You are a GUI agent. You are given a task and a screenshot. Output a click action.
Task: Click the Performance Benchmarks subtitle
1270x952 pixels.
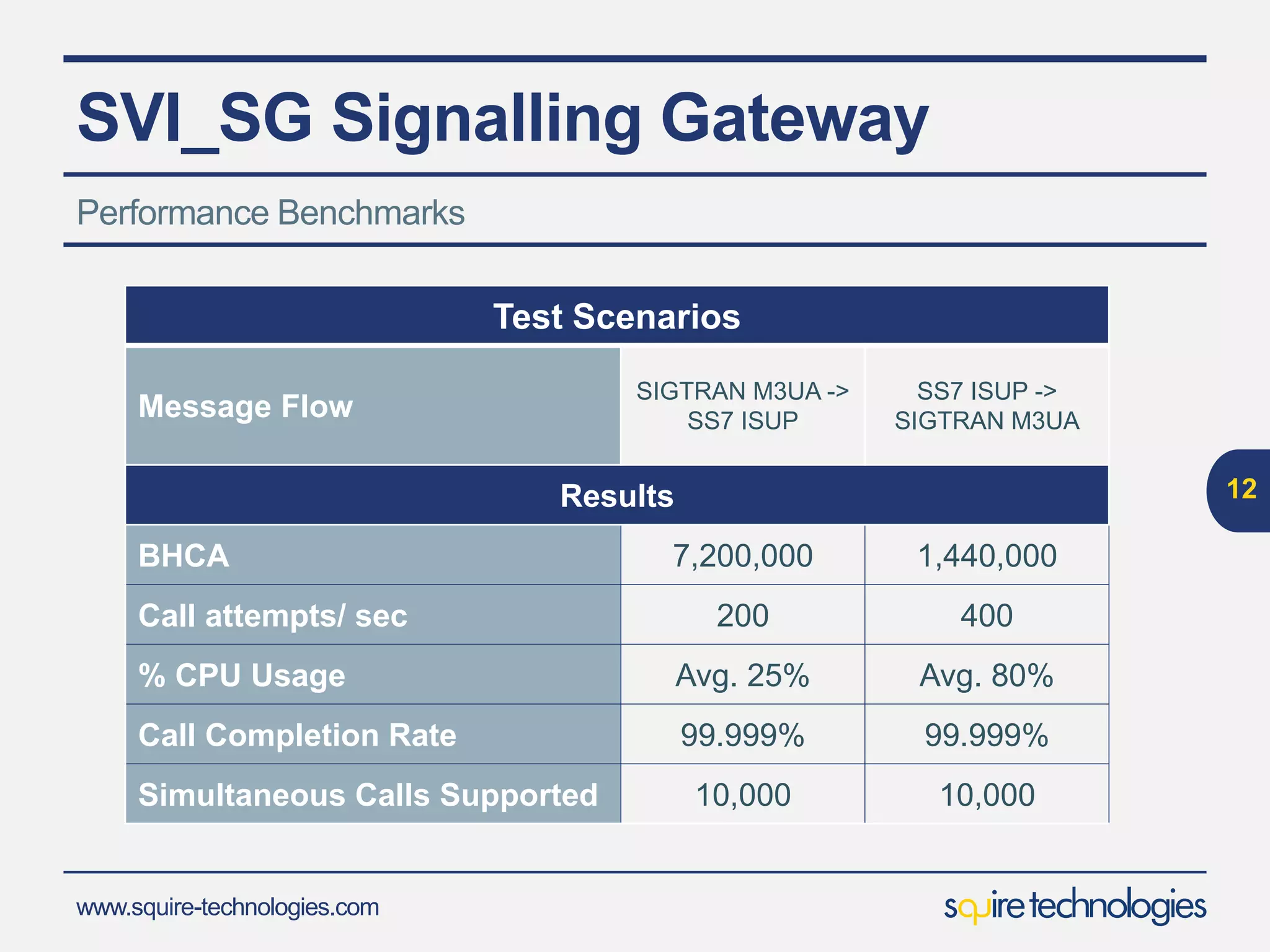coord(270,213)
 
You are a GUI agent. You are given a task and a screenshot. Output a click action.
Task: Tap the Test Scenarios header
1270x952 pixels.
coord(616,317)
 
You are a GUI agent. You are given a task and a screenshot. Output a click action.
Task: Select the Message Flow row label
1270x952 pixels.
coord(246,407)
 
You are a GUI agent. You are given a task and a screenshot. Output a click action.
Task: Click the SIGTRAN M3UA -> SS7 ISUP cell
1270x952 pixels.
coord(742,406)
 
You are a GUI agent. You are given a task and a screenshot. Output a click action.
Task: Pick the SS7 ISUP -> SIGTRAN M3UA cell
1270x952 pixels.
coord(987,406)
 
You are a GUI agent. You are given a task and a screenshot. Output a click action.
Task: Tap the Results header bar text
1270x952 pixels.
coord(616,496)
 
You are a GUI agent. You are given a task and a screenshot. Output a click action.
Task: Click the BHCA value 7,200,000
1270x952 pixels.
coord(742,555)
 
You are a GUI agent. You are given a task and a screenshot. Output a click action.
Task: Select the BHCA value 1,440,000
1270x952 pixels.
coord(987,555)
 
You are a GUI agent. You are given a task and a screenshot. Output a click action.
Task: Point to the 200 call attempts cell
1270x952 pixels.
coord(742,615)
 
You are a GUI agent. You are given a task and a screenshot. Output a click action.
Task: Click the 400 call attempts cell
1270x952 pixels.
coord(987,615)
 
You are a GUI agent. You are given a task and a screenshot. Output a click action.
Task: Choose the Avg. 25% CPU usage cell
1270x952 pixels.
coord(742,675)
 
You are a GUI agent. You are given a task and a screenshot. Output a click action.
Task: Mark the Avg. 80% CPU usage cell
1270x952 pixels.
coord(987,675)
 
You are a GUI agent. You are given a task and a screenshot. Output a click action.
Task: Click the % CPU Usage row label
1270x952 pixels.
coord(242,675)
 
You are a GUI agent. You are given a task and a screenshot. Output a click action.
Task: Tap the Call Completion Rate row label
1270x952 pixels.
coord(297,735)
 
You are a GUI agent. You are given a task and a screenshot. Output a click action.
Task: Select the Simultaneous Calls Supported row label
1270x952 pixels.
coord(368,795)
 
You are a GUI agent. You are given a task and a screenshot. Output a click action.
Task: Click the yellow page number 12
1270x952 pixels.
coord(1241,489)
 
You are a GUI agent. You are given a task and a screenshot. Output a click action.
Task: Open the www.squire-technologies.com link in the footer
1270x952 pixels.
coord(227,907)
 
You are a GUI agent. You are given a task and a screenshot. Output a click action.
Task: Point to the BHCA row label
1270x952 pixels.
coord(184,555)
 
